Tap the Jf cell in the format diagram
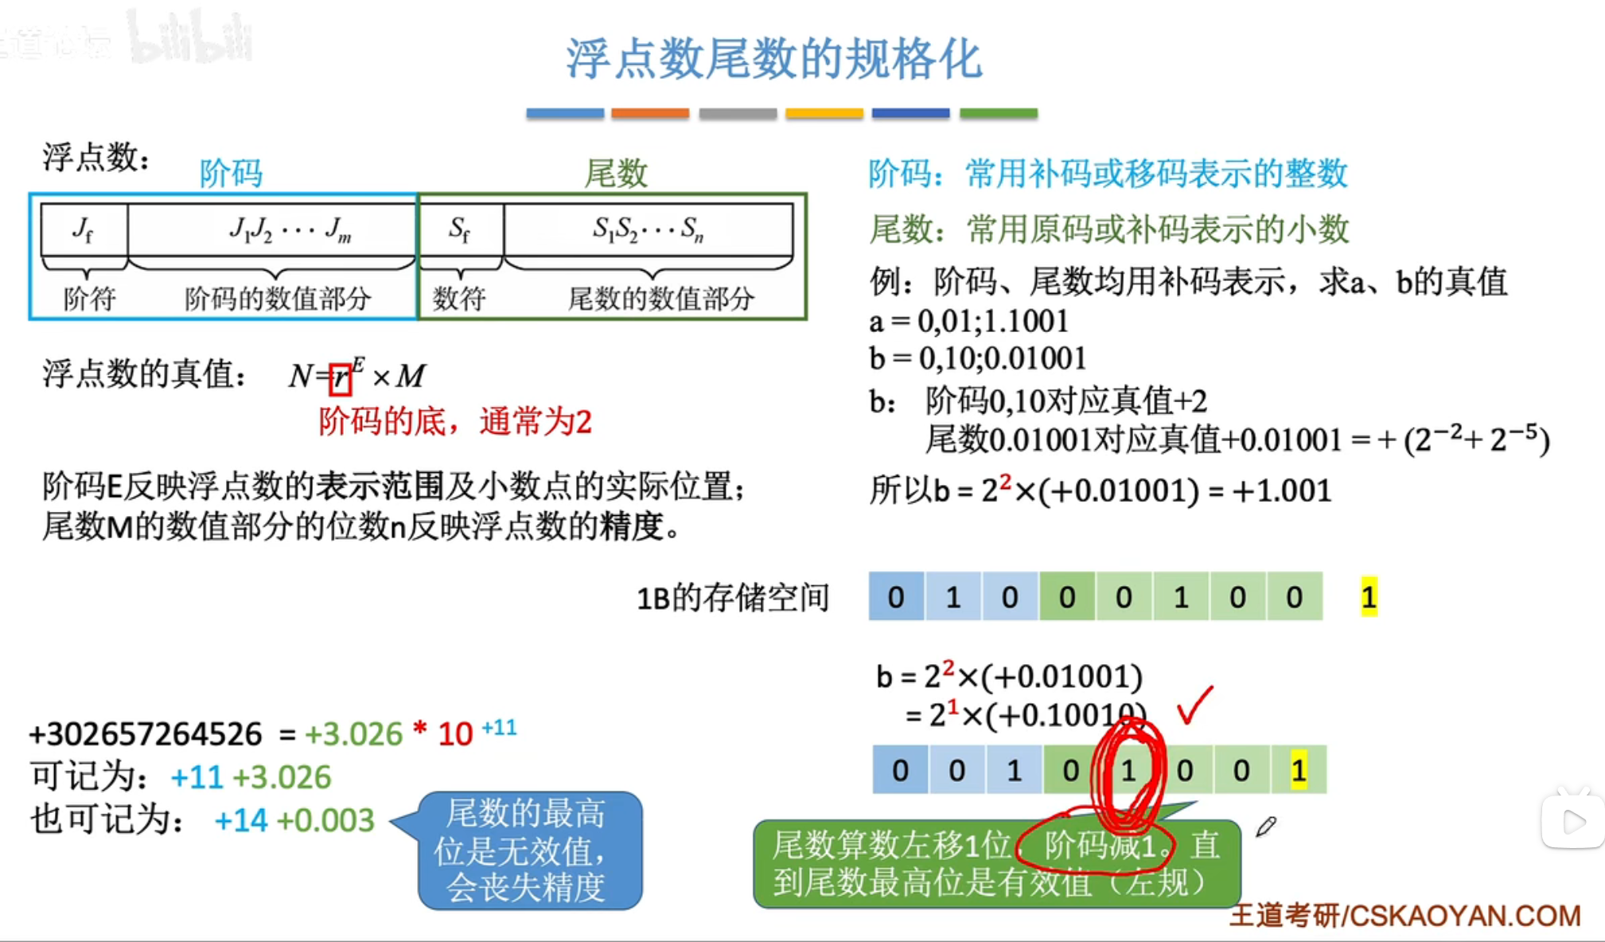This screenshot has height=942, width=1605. (x=83, y=229)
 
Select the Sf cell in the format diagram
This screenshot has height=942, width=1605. (x=459, y=229)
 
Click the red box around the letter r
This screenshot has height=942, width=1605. (x=341, y=377)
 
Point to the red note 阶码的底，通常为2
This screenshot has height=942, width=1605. (x=455, y=421)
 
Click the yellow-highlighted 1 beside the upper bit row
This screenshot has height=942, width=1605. (x=1368, y=596)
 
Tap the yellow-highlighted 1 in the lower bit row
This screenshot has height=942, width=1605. (x=1298, y=770)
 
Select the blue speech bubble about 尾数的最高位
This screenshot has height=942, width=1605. (x=529, y=850)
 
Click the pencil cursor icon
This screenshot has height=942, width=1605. (x=1265, y=827)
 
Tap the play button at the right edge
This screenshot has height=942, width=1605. (x=1572, y=822)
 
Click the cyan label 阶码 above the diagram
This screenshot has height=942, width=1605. (x=231, y=173)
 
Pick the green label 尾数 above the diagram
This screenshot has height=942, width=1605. (x=616, y=173)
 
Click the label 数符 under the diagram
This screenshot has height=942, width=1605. (x=459, y=299)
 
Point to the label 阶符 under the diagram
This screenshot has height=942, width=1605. (x=90, y=299)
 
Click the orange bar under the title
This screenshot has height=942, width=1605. (x=649, y=114)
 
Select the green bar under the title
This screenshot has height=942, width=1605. (x=998, y=114)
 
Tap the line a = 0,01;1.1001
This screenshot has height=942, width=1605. (x=968, y=322)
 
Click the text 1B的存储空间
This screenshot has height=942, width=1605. (x=732, y=597)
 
